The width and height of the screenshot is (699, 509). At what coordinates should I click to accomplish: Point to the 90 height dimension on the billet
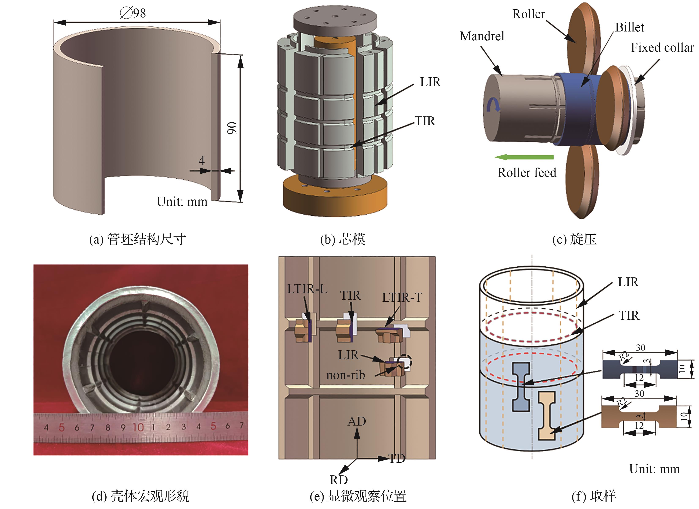click(x=232, y=128)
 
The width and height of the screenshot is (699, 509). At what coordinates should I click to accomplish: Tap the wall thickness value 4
click(x=202, y=161)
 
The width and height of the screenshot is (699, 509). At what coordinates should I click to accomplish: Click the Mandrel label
click(x=482, y=36)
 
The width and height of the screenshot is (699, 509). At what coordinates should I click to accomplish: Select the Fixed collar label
click(x=662, y=48)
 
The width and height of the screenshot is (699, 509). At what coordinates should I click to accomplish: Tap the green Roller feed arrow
click(x=524, y=157)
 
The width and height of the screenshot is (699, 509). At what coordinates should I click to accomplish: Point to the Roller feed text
click(x=527, y=173)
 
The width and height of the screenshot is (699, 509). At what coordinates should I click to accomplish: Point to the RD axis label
click(x=339, y=480)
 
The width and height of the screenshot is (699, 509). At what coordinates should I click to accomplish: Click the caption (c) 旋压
click(x=574, y=239)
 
